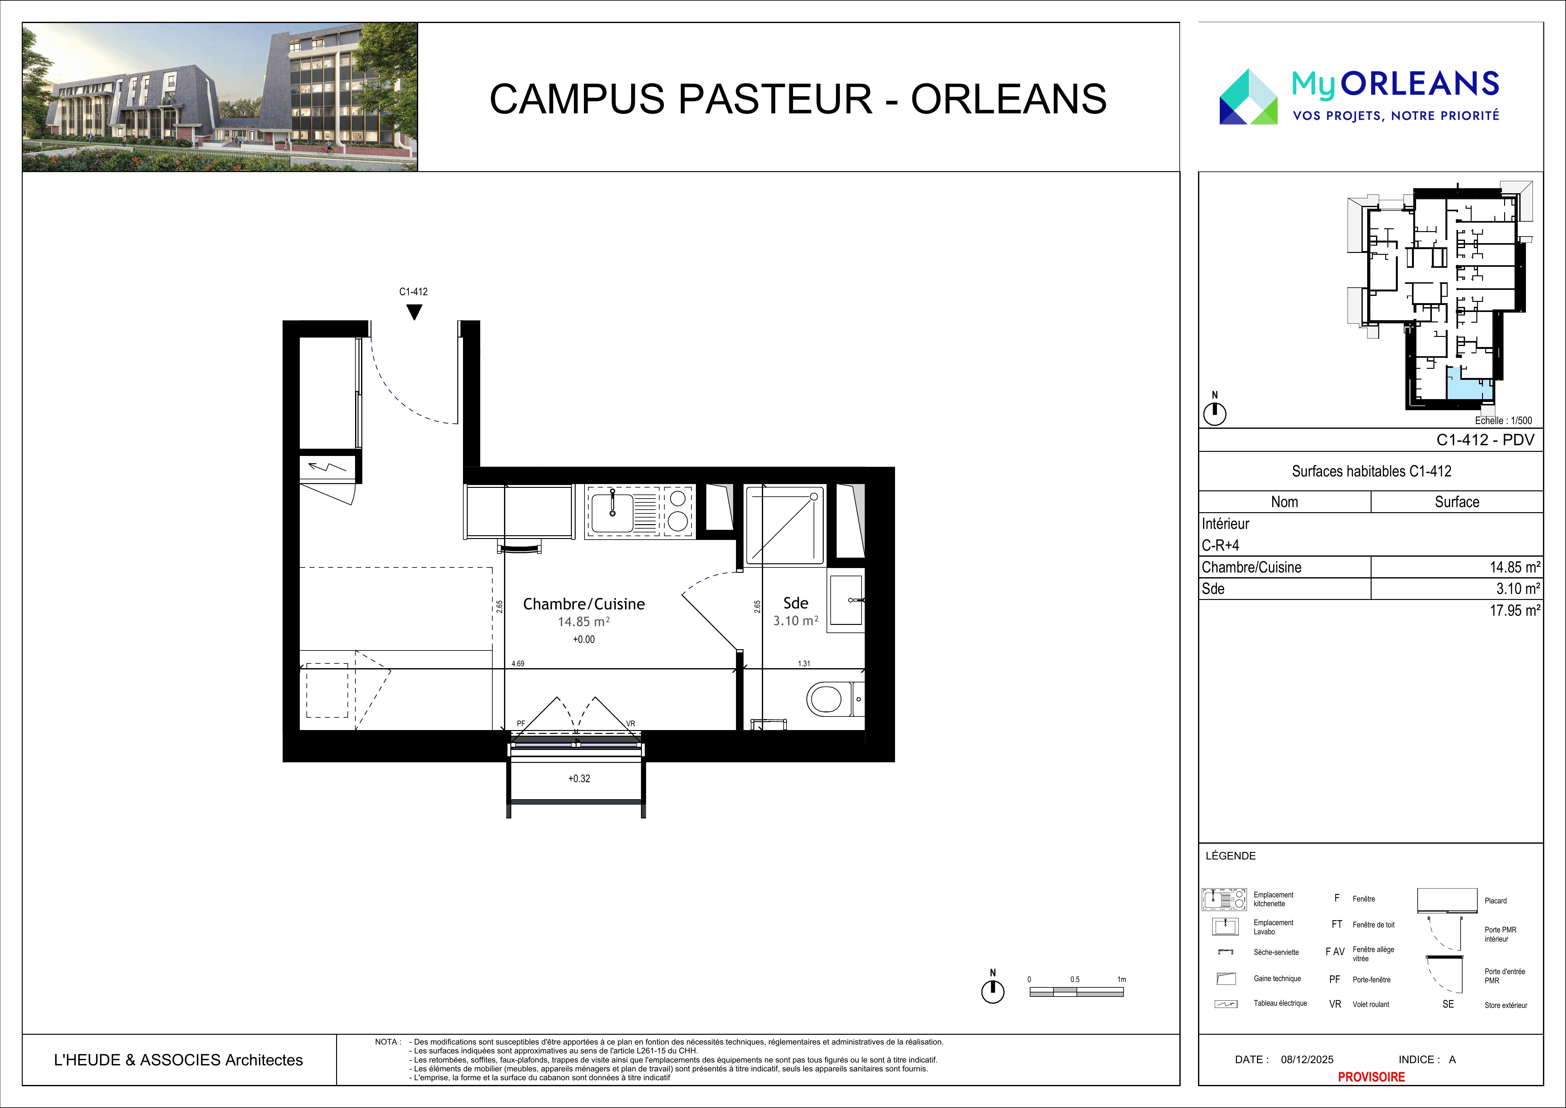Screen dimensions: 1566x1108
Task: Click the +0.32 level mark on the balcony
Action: coord(579,778)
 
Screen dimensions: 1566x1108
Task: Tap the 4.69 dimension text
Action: coord(518,663)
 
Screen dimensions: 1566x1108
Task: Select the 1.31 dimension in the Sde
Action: coord(804,663)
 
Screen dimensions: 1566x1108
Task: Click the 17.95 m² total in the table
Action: coord(1515,611)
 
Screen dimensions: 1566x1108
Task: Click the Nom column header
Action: coord(1284,502)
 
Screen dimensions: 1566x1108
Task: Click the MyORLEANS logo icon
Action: coord(1248,96)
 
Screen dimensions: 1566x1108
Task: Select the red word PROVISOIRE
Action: coord(1371,1077)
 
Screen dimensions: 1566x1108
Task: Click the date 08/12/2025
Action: coord(1307,1060)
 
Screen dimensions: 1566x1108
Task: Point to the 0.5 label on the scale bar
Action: coord(1075,980)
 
